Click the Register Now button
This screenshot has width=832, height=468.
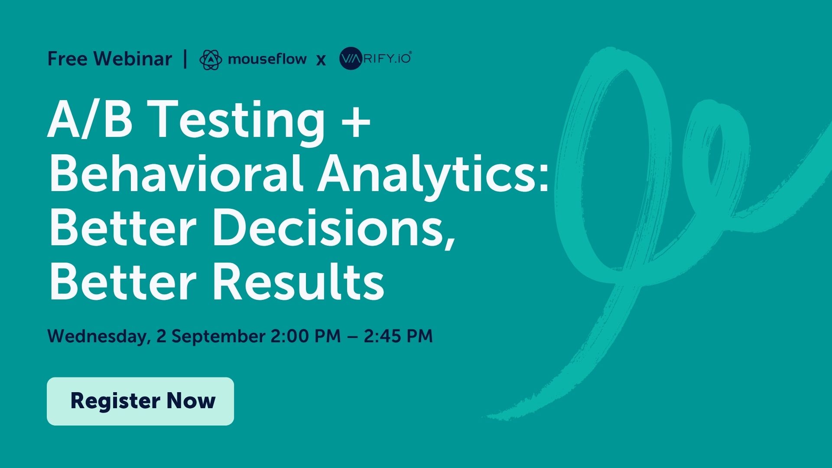(140, 401)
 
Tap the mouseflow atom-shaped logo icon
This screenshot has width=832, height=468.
(211, 59)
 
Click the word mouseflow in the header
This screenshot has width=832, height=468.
(267, 58)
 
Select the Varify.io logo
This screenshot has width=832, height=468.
(375, 58)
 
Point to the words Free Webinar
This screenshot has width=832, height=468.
(110, 58)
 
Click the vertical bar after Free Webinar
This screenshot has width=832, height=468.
(185, 59)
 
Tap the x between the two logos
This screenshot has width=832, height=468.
(321, 60)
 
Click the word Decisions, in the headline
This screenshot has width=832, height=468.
(334, 228)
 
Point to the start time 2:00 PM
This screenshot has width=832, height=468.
(305, 336)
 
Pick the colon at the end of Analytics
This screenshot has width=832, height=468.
(544, 179)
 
